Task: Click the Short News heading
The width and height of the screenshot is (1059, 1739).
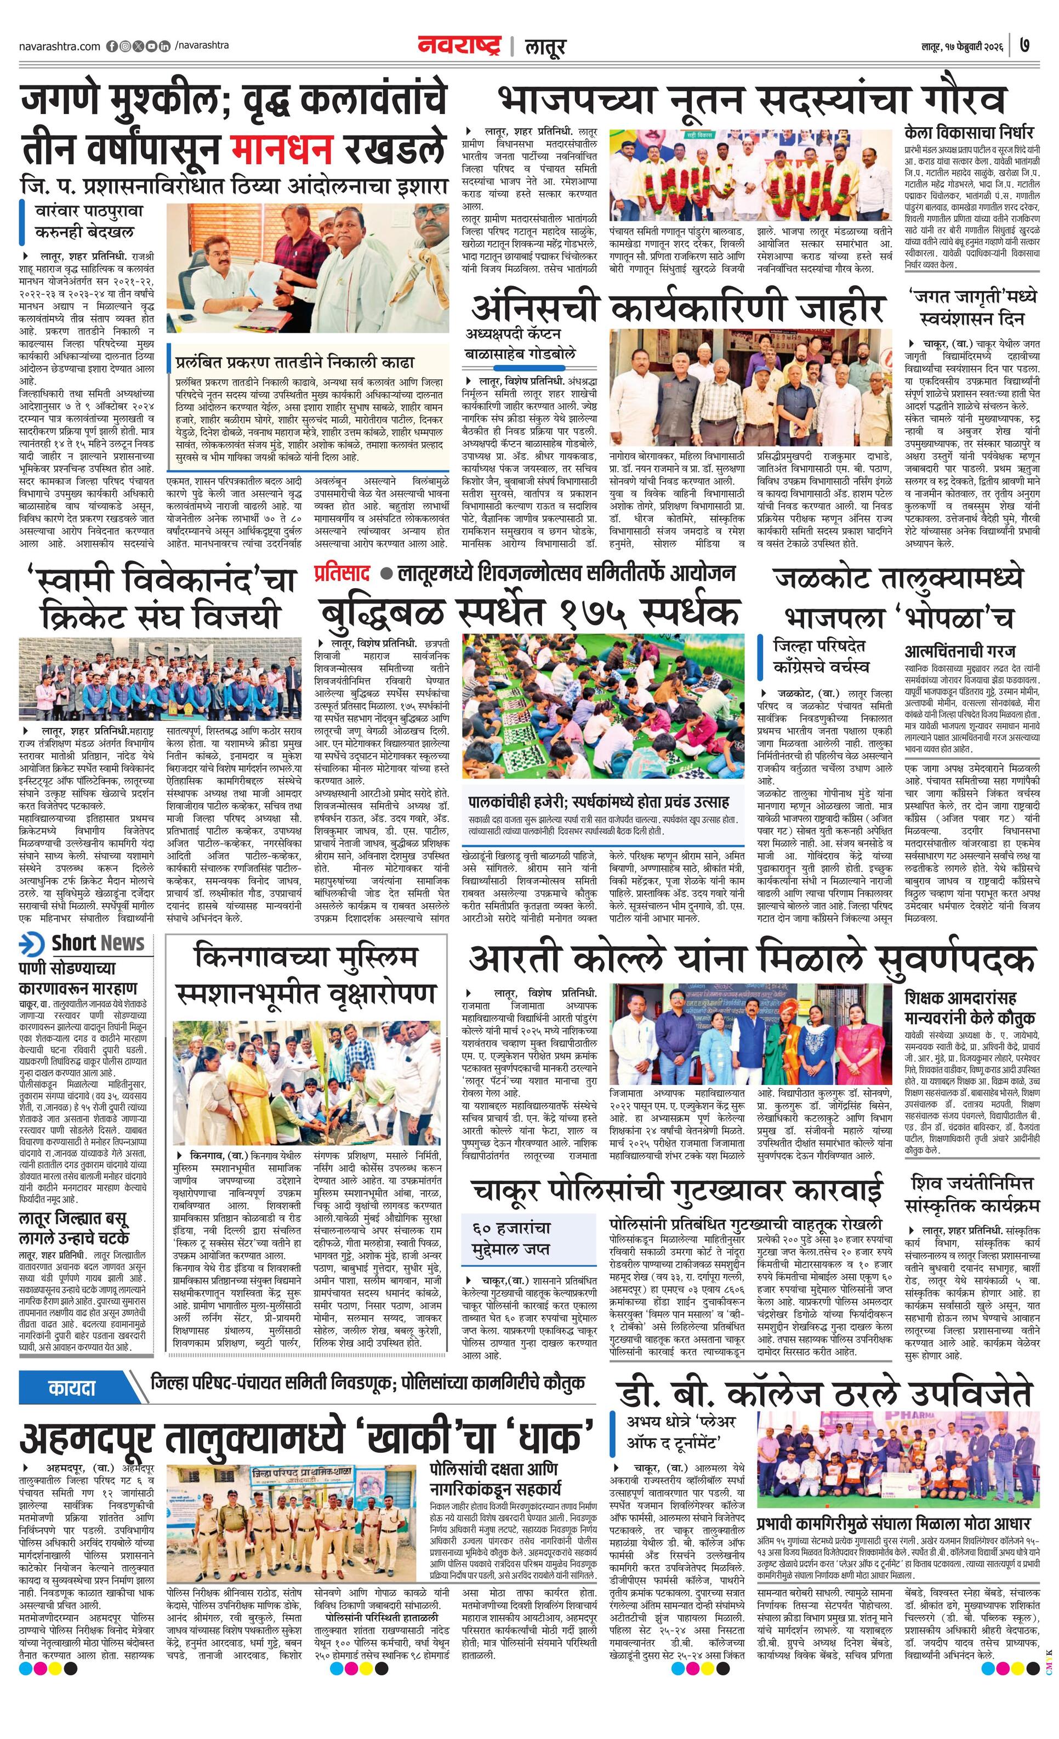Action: pos(98,943)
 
